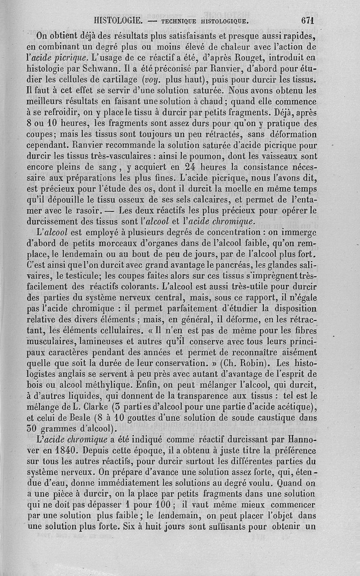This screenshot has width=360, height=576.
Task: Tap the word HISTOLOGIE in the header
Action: [118, 20]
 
